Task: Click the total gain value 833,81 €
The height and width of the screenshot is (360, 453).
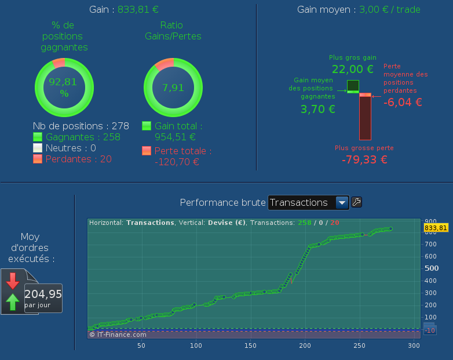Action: [138, 9]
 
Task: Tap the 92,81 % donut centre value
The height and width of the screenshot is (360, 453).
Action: [63, 87]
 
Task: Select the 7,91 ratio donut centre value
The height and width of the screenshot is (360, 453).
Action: [173, 88]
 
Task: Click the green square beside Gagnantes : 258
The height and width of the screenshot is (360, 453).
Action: [38, 137]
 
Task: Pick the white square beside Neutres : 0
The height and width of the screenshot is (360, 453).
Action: [38, 148]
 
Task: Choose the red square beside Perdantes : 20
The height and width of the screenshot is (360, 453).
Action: [38, 159]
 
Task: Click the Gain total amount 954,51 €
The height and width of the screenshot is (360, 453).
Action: [176, 137]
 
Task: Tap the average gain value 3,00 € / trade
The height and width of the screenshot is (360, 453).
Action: [390, 9]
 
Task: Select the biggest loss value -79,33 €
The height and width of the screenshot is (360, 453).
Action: [364, 159]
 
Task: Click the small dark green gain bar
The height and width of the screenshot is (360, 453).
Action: [353, 85]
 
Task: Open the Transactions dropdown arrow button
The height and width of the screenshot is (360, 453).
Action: [342, 202]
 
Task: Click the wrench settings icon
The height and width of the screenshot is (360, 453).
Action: [357, 202]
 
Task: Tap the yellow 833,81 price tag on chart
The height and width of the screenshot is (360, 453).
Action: [436, 228]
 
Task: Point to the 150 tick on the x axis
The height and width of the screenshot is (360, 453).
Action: [250, 346]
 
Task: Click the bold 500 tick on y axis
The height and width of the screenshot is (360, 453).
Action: [432, 268]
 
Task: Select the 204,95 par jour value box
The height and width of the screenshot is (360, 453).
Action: [43, 297]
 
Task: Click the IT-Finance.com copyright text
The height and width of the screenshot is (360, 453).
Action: [118, 334]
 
